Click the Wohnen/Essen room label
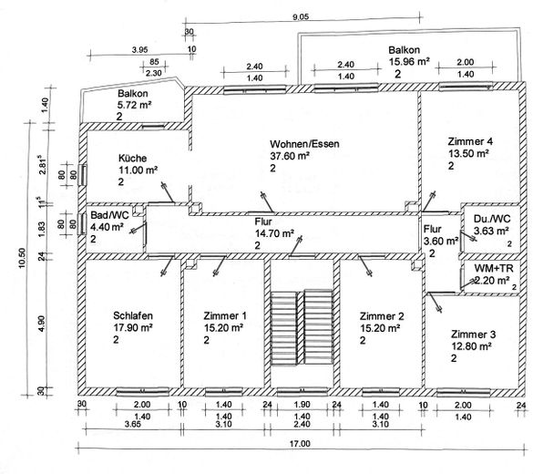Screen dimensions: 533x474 pos(304,144)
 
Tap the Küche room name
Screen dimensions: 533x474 pos(133,158)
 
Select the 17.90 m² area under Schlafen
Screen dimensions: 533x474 pos(133,328)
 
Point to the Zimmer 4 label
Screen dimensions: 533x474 pos(470,141)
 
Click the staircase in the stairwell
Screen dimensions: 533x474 pos(302,327)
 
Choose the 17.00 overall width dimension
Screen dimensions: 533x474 pos(300,444)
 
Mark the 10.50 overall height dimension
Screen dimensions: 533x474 pos(22,258)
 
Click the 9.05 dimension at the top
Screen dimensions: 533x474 pos(301,16)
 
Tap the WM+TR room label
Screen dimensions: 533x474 pos(494,268)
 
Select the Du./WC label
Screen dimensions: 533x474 pos(492,219)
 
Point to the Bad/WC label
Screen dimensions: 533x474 pos(109,215)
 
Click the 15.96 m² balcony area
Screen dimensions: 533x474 pos(409,62)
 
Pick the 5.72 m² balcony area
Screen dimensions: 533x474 pos(134,105)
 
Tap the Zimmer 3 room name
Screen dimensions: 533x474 pos(474,335)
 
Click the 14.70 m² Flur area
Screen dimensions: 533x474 pos(274,233)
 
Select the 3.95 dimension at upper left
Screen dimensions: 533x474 pos(139,49)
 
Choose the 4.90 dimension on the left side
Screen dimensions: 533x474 pos(41,324)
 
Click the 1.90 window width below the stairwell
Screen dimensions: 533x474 pos(302,405)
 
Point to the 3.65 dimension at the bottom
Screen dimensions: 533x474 pos(132,424)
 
